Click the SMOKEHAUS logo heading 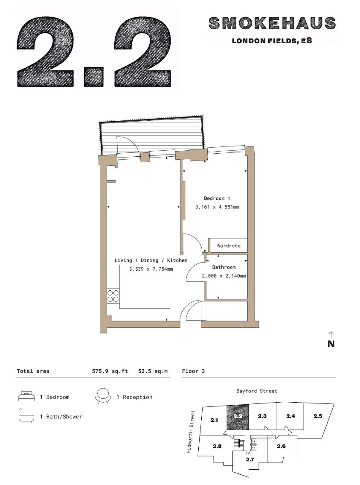point(272,23)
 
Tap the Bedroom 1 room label point(217,198)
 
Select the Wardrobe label point(229,245)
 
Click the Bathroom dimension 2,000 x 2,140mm point(224,276)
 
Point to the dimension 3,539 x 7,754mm point(151,269)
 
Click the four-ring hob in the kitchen point(113,296)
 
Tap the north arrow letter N point(331,344)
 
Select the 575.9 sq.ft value point(110,371)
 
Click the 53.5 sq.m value point(153,371)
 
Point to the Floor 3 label point(193,371)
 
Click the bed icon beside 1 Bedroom point(26,397)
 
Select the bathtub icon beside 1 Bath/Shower point(26,416)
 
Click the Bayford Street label point(257,391)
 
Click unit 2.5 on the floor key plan point(318,416)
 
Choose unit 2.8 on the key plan point(217,446)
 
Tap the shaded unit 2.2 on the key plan point(238,417)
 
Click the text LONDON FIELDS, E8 point(272,41)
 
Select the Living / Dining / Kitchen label point(151,260)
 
